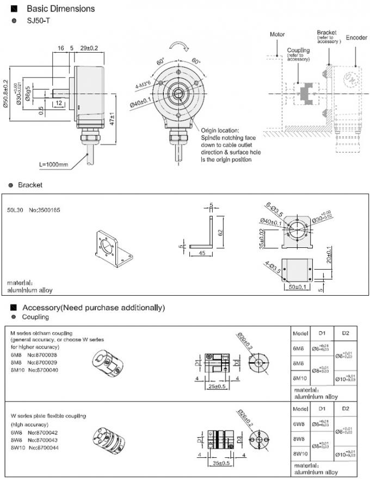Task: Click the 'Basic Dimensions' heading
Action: (x=53, y=9)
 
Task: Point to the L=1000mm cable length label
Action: (x=54, y=163)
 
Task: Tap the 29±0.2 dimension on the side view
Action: (x=90, y=48)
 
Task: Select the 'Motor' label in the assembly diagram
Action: (x=277, y=34)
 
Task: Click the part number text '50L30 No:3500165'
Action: (x=26, y=209)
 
